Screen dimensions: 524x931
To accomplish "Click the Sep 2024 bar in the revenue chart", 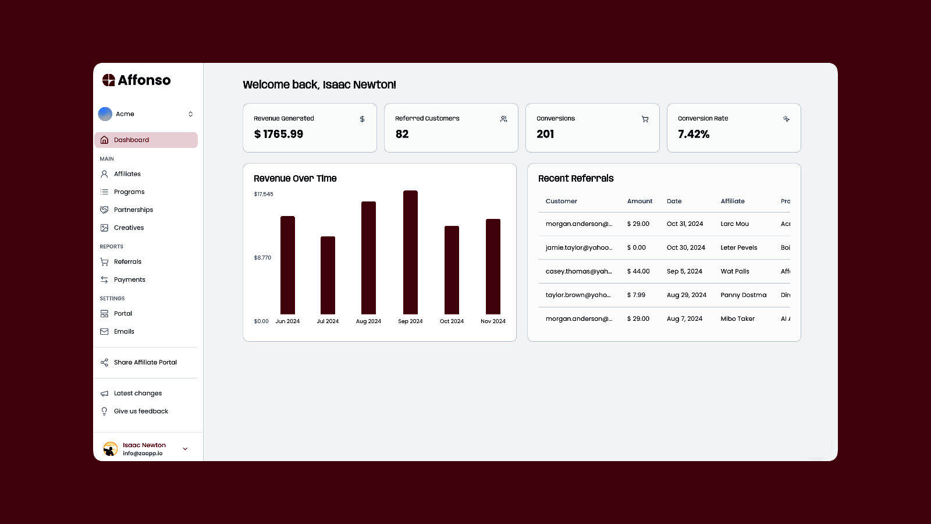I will [x=410, y=253].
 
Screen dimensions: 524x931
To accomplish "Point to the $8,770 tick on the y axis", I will [x=262, y=257].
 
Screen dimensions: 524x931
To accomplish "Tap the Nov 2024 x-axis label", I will [x=493, y=321].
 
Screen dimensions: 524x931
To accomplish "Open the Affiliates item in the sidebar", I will [x=127, y=174].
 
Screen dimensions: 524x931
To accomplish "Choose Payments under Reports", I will [x=129, y=279].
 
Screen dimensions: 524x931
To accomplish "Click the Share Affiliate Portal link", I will [x=145, y=362].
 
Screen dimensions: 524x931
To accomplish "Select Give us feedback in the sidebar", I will [x=141, y=411].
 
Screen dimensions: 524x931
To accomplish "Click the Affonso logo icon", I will [x=109, y=80].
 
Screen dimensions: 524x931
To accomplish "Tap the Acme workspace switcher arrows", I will [x=190, y=114].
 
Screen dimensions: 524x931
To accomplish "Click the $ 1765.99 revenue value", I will [x=278, y=134].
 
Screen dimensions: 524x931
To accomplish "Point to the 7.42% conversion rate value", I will [x=694, y=134].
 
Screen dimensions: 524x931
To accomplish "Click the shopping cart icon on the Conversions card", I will [x=645, y=119].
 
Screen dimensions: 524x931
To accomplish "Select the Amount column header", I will [x=639, y=201].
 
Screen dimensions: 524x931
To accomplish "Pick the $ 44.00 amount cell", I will [x=638, y=271].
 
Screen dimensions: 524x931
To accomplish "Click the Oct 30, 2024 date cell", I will [x=685, y=247].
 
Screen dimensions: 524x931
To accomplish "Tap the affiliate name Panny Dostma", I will [x=743, y=295].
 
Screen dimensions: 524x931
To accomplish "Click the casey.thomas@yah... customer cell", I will [x=578, y=271].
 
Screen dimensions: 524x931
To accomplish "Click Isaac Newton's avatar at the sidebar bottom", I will [x=110, y=449].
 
